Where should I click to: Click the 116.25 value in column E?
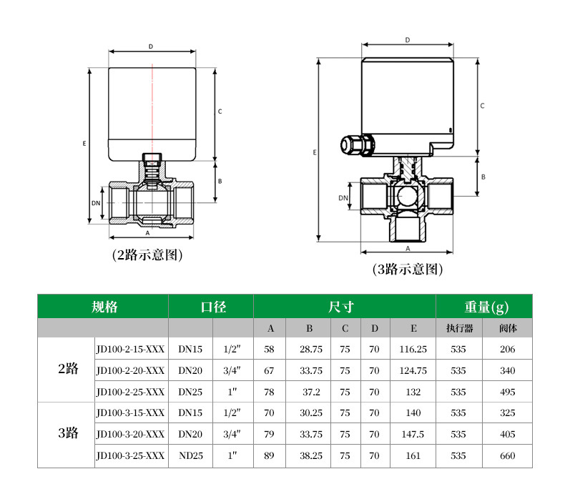point(413,349)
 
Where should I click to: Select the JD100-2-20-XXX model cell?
point(130,370)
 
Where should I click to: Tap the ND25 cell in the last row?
point(191,455)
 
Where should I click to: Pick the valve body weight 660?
point(507,455)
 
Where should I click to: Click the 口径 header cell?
point(213,307)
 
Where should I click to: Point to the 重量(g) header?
point(486,307)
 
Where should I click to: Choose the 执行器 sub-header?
point(459,328)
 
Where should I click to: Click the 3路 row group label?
point(68,433)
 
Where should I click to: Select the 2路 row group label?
point(68,368)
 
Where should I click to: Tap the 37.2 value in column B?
point(311,392)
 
